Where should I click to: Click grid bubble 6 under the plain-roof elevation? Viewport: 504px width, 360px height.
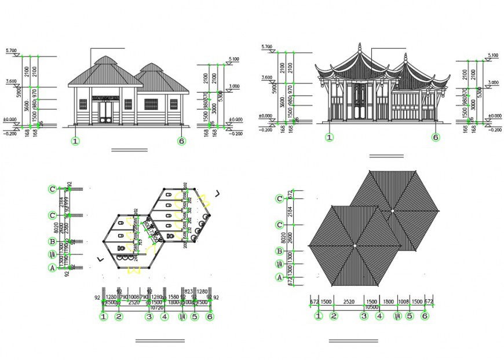tap(182, 141)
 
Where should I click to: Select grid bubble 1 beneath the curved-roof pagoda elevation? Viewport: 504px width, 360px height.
tap(329, 137)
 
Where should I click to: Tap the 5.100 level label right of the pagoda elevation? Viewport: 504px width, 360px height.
tap(493, 56)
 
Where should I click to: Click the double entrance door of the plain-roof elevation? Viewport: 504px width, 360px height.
tap(105, 111)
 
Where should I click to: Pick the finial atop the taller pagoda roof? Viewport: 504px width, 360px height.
tap(359, 45)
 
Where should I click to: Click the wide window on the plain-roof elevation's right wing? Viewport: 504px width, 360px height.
tap(151, 105)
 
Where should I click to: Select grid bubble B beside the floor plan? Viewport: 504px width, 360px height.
tap(53, 243)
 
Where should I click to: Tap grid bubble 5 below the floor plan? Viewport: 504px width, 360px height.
tap(195, 317)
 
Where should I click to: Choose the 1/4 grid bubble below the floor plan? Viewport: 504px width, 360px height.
tap(181, 317)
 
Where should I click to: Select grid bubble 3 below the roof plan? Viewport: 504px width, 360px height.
tap(364, 316)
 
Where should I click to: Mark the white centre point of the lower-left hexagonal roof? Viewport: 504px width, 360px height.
tap(355, 245)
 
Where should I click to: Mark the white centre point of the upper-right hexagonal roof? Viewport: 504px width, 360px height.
tap(392, 211)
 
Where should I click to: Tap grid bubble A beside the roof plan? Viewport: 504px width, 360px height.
tap(279, 278)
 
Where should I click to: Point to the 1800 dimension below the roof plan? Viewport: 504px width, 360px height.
tap(388, 302)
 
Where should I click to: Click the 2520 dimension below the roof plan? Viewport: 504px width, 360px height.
tap(349, 302)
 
